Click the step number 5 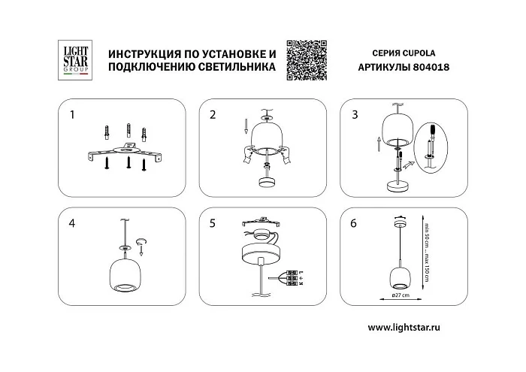[213, 223]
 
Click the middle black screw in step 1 [129, 162]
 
